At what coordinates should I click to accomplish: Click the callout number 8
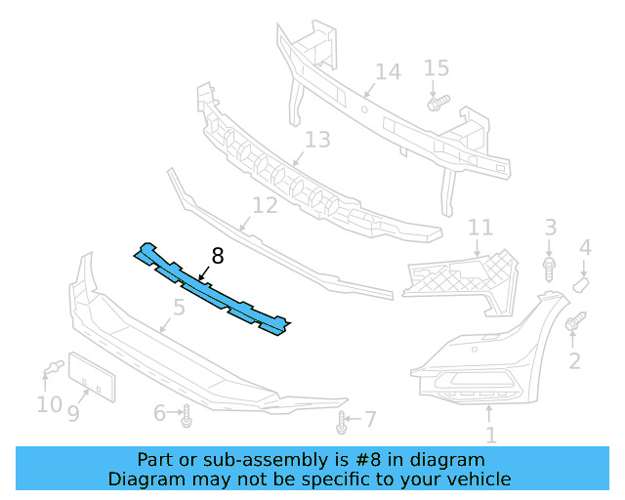coord(217,256)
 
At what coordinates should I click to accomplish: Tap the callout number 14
coord(388,71)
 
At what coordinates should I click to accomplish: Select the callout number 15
coord(437,68)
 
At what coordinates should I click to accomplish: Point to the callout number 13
coord(317,141)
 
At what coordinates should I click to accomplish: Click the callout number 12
coord(265,206)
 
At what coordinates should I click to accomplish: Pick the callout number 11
coord(479,228)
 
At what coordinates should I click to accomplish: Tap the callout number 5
coord(179,310)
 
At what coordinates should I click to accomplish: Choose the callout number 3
coord(551,228)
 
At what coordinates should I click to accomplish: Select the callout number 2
coord(574,361)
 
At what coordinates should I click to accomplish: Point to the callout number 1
coord(491,437)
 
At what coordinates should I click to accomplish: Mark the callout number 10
coord(49,402)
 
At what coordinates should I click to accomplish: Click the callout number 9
coord(73,413)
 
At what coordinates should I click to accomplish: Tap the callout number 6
coord(160,413)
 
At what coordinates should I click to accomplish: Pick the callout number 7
coord(369,419)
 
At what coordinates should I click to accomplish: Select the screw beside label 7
coord(342,422)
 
